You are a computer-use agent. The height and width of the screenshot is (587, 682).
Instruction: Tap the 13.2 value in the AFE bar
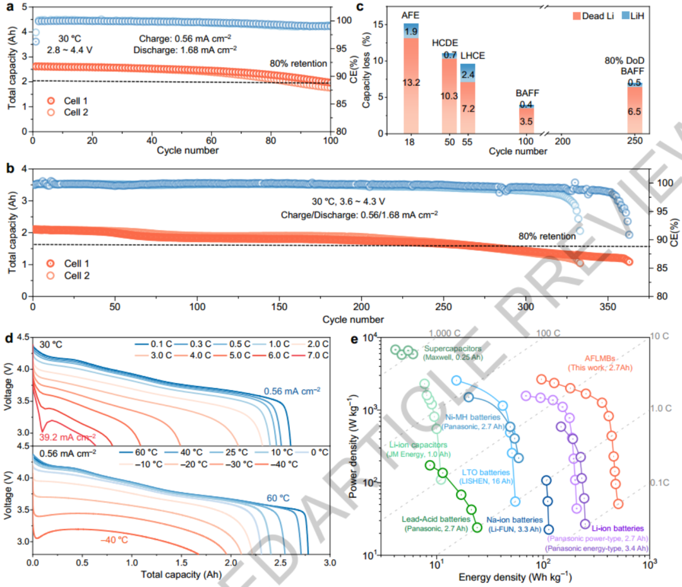pos(409,82)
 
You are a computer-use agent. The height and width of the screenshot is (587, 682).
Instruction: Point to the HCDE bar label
pos(445,42)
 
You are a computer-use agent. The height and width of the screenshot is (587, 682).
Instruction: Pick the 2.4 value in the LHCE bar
pos(467,75)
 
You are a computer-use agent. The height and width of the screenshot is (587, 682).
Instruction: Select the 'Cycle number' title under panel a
pos(180,150)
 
